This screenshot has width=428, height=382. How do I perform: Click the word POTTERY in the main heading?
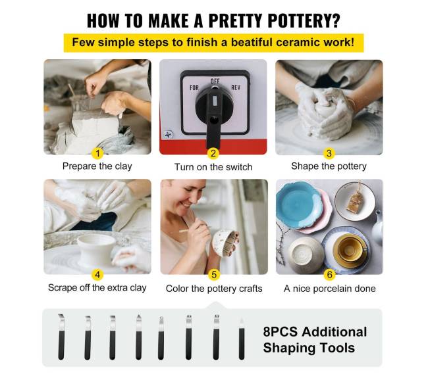[304, 20]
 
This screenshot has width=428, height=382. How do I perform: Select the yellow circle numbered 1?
[97, 153]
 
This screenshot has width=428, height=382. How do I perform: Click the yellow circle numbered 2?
[213, 153]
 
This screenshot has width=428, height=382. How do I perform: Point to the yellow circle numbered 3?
[329, 153]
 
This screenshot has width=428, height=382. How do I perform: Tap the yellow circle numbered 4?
[97, 275]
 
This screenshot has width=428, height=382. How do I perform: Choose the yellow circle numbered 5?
[214, 275]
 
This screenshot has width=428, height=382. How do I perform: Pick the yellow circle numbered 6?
[329, 275]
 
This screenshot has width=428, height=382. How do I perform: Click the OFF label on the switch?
[215, 81]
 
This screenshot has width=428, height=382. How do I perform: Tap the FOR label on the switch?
[194, 87]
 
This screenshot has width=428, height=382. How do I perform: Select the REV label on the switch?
[236, 87]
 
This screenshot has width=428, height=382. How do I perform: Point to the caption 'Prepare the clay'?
[97, 166]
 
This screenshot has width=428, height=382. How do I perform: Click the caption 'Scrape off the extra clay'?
[97, 288]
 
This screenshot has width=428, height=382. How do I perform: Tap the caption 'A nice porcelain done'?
[330, 289]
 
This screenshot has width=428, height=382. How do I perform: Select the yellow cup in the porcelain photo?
[350, 249]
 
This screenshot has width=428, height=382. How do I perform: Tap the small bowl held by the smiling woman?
[225, 243]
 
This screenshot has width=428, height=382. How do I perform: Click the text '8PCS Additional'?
[315, 332]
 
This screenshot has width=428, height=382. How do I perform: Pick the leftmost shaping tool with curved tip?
[61, 337]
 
